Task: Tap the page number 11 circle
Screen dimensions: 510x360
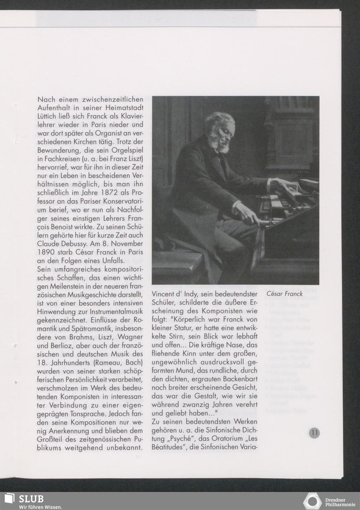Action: pyautogui.click(x=314, y=433)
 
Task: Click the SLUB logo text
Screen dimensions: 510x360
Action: pyautogui.click(x=31, y=499)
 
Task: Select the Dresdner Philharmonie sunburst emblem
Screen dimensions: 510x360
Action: pyautogui.click(x=312, y=501)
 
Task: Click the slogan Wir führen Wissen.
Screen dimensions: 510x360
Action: pyautogui.click(x=40, y=507)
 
